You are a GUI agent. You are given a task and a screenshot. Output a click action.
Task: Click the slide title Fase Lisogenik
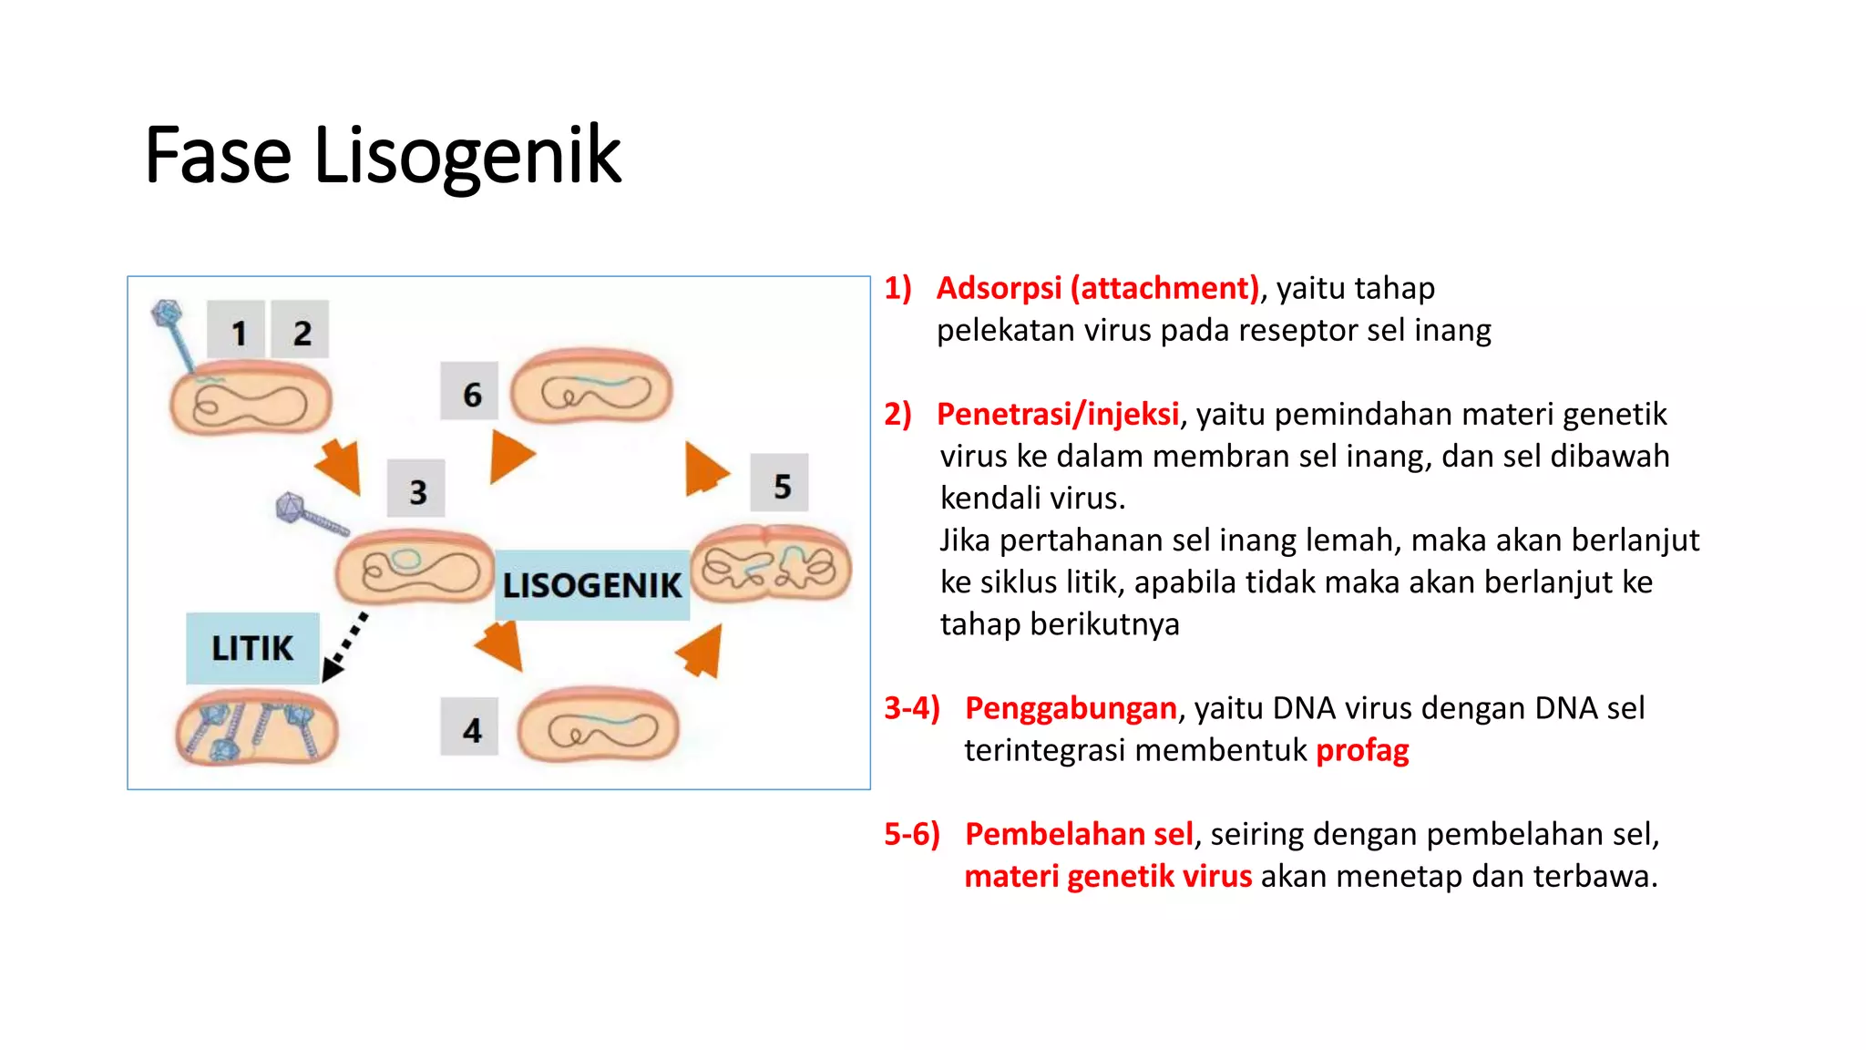click(x=383, y=156)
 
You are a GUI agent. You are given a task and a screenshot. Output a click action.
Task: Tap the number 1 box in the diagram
click(x=236, y=330)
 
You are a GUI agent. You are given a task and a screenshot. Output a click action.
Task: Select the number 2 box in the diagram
click(x=301, y=330)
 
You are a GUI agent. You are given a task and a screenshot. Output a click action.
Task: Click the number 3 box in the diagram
click(x=416, y=489)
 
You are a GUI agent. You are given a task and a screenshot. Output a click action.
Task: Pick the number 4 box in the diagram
click(x=470, y=727)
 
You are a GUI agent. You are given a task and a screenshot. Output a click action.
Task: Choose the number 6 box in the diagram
click(x=470, y=392)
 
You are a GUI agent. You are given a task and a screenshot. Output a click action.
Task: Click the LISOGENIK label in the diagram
click(x=592, y=585)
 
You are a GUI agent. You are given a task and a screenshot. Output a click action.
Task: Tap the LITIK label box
click(x=252, y=648)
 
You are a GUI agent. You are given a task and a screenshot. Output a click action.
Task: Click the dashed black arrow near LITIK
click(x=346, y=646)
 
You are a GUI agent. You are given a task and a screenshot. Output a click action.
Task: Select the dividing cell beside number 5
click(x=771, y=566)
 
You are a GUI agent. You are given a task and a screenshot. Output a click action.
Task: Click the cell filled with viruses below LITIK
click(x=256, y=728)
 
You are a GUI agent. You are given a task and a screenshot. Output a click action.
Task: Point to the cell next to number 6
click(x=592, y=387)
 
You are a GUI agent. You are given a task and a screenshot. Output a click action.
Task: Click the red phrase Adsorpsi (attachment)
click(x=1097, y=288)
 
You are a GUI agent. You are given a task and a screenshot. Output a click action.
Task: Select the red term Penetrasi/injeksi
click(x=1058, y=414)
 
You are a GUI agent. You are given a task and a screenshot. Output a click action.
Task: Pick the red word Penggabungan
click(x=1071, y=708)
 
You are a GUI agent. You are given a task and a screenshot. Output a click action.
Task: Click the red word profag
click(x=1362, y=750)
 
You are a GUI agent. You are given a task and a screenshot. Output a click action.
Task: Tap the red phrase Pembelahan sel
click(x=1079, y=834)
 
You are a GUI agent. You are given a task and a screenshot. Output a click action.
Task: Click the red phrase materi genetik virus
click(x=1108, y=876)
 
